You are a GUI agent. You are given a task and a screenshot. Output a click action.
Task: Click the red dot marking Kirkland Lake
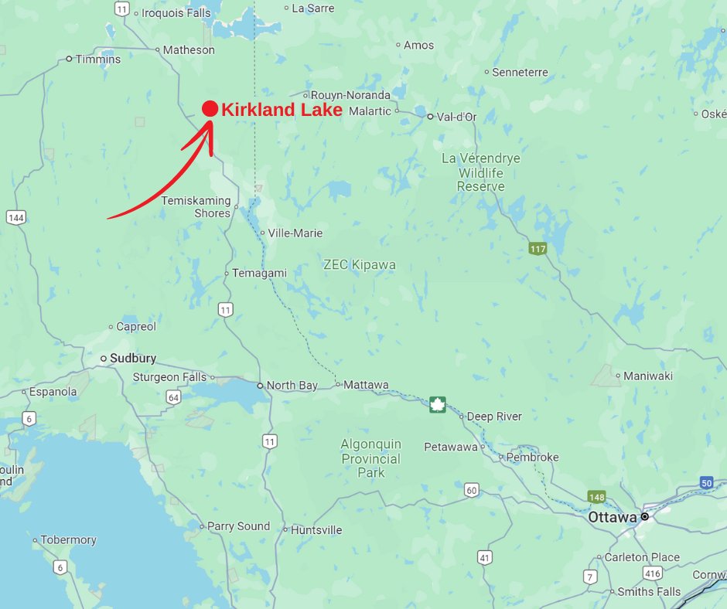(210, 109)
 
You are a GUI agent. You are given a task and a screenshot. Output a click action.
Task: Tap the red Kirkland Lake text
(282, 110)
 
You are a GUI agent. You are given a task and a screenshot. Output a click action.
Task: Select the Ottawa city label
(613, 517)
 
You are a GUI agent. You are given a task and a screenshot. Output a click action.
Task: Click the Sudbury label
(133, 359)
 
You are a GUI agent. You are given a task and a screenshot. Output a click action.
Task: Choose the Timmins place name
(97, 60)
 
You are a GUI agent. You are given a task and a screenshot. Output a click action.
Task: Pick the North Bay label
(292, 385)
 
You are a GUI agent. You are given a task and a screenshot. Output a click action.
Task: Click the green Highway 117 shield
(538, 249)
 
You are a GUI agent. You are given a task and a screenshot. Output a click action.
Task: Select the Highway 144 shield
(15, 217)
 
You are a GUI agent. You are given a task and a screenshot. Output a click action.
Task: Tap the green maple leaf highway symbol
(438, 404)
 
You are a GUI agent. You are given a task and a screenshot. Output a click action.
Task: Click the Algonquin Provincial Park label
(371, 458)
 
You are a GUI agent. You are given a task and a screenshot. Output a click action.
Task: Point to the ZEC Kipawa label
(360, 265)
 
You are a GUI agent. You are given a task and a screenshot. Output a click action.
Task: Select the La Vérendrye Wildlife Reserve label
(480, 172)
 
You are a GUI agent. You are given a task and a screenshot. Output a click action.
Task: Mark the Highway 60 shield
(471, 489)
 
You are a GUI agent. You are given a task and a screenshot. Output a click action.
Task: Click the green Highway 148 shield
(596, 497)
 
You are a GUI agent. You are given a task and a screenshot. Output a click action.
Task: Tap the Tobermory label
(68, 540)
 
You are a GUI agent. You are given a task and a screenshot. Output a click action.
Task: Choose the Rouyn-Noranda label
(350, 95)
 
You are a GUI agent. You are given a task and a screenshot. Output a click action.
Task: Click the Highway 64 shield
(173, 397)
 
